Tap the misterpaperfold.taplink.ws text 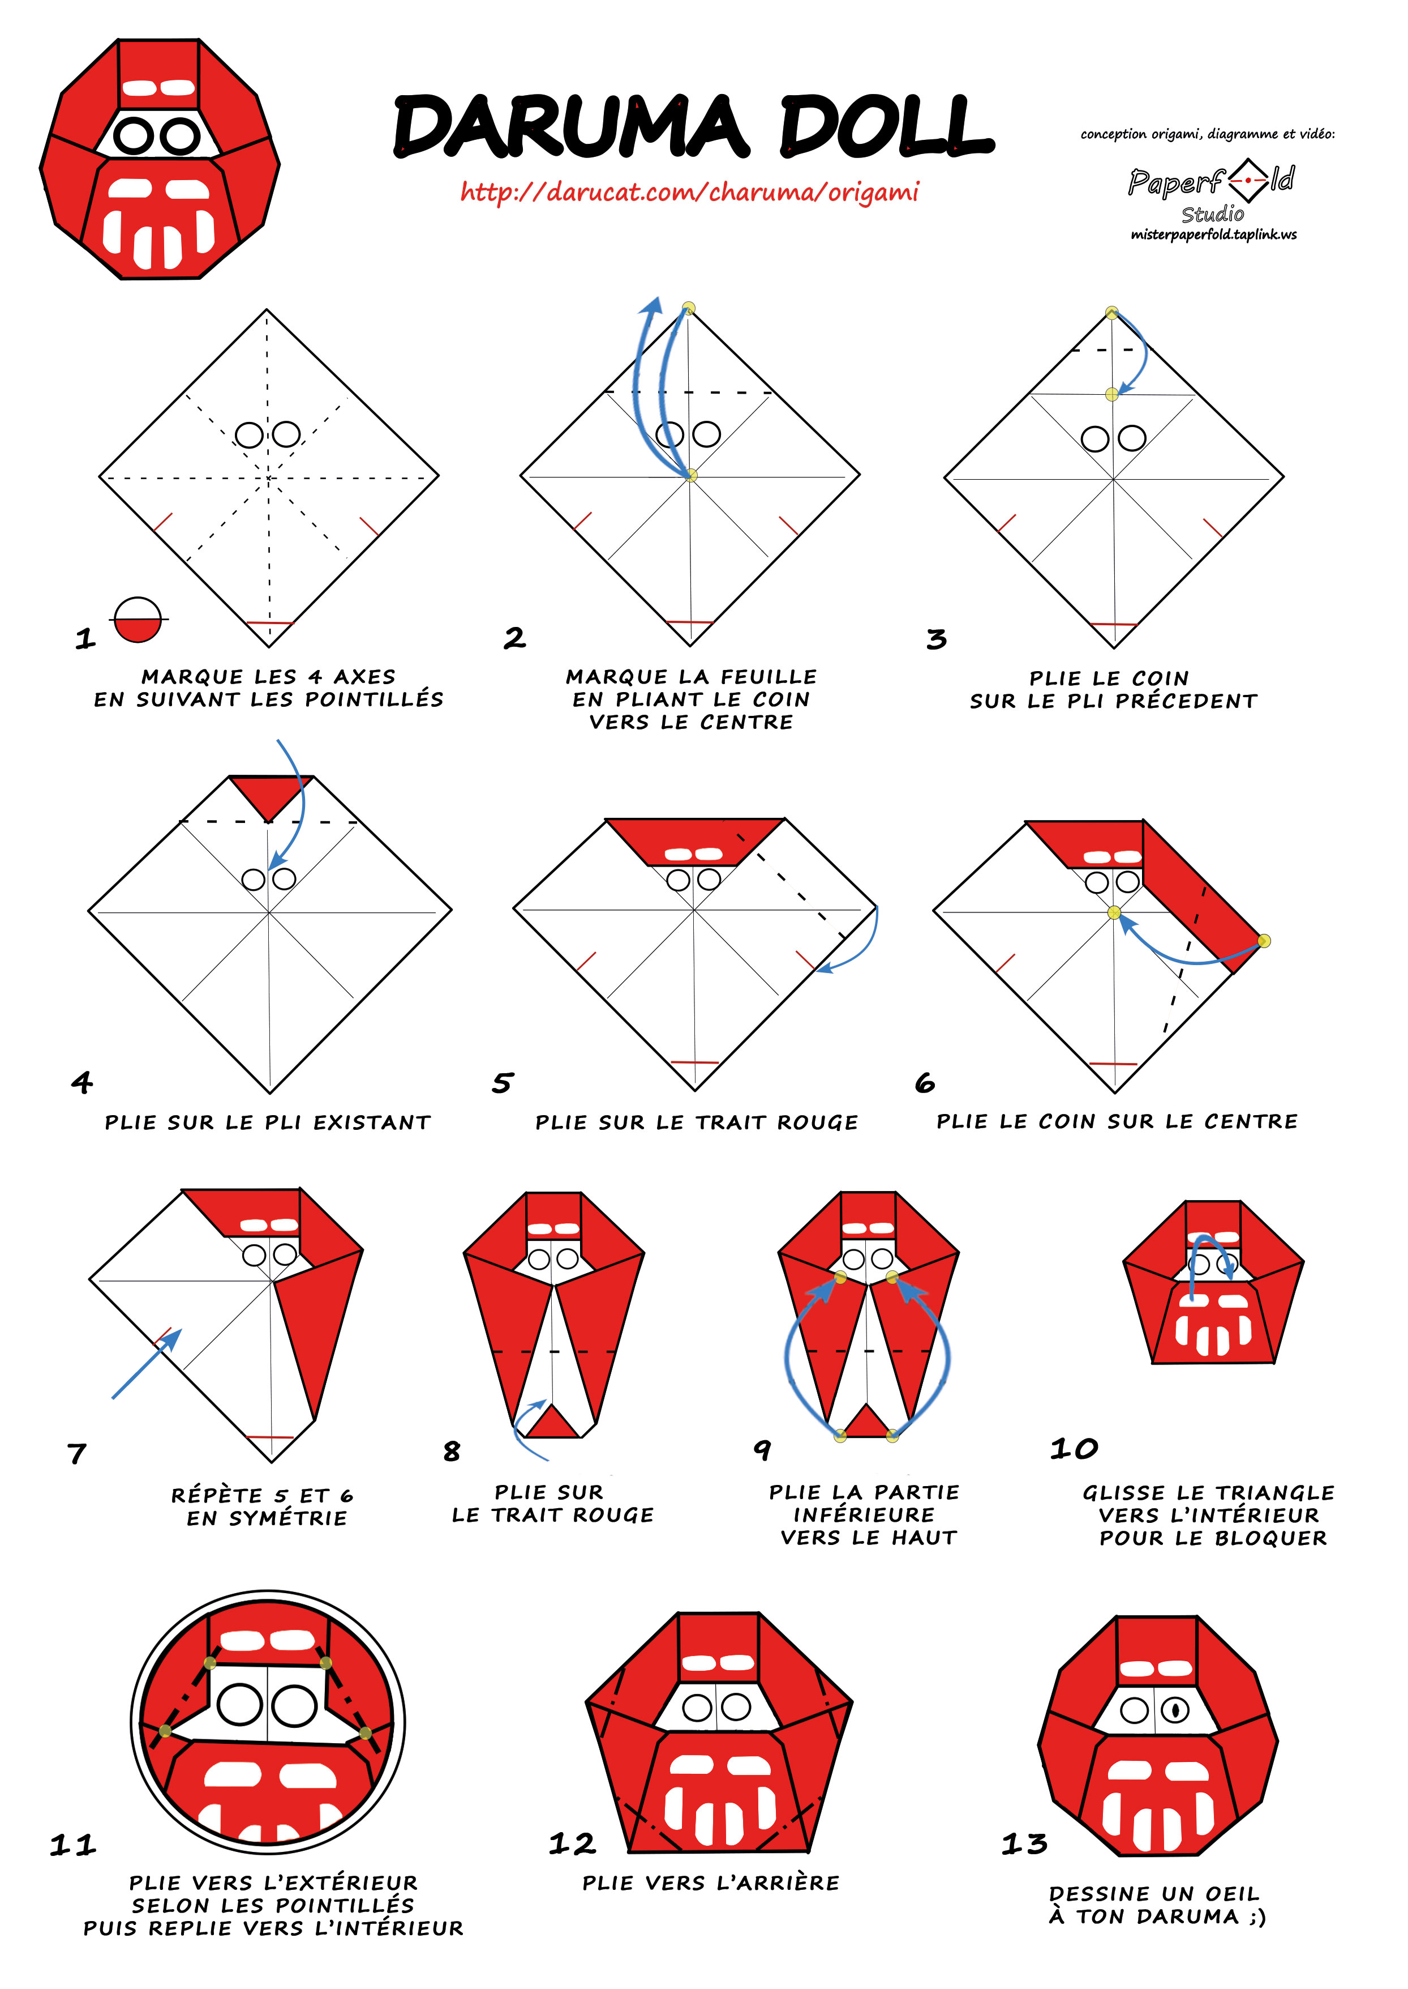(1214, 234)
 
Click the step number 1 (85, 640)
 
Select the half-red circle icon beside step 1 (138, 620)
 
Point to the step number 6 (925, 1082)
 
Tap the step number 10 (1074, 1449)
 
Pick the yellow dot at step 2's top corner (688, 308)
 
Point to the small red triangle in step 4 (269, 793)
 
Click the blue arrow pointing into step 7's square (147, 1364)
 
